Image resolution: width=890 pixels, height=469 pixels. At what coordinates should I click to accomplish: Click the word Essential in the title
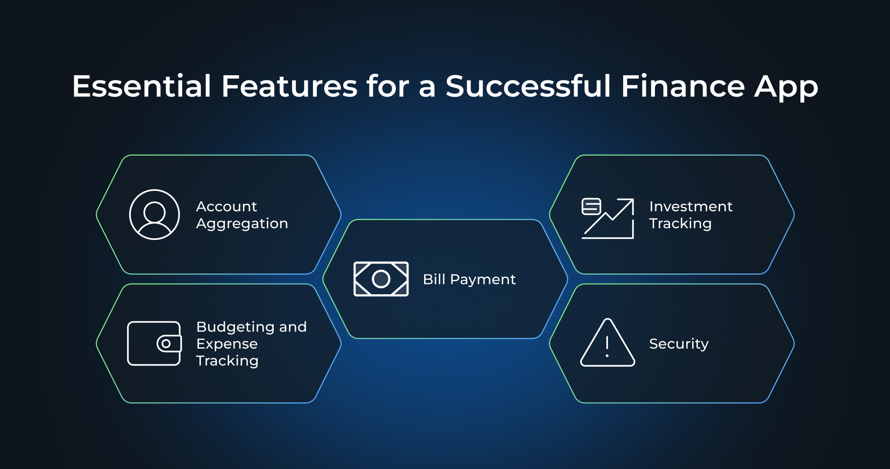[x=141, y=86]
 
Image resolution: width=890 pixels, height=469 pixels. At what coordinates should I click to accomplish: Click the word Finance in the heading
[x=683, y=86]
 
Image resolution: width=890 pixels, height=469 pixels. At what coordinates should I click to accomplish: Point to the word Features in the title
[x=289, y=86]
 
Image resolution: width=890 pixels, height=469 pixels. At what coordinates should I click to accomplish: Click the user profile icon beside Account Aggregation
[x=154, y=214]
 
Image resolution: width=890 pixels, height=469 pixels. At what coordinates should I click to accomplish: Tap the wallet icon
[x=154, y=343]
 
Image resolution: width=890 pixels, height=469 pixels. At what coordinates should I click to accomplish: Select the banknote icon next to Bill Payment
[x=381, y=279]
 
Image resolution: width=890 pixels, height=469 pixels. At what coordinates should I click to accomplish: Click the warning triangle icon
[x=607, y=343]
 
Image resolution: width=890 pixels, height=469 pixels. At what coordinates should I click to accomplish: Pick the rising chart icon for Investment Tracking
[x=608, y=218]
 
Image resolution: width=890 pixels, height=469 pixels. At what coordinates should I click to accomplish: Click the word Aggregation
[x=242, y=224]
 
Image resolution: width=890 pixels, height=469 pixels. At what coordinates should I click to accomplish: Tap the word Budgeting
[x=235, y=327]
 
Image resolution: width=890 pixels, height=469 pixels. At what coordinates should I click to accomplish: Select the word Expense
[x=227, y=344]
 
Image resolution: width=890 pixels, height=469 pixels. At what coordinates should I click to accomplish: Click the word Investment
[x=691, y=206]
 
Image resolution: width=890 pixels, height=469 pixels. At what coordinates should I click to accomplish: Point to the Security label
[x=679, y=344]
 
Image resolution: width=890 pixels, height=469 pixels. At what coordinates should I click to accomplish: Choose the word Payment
[x=482, y=279]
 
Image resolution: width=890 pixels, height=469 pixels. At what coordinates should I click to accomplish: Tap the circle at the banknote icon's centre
[x=381, y=279]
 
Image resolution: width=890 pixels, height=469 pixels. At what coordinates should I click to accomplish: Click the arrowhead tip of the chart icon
[x=631, y=201]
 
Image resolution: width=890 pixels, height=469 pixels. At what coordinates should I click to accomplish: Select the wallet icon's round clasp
[x=166, y=344]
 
